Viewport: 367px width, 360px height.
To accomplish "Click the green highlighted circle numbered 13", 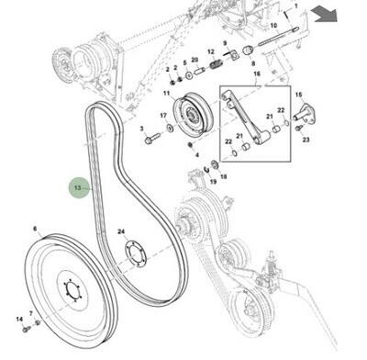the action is click(79, 187).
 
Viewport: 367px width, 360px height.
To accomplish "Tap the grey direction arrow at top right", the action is click(324, 15).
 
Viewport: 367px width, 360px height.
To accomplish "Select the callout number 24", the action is click(121, 231).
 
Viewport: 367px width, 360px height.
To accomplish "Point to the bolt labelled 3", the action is click(153, 139).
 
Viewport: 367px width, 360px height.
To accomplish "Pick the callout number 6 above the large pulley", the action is click(35, 229).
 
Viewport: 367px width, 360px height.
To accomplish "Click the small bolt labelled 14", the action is click(27, 329).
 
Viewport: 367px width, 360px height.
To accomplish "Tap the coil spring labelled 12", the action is click(217, 65).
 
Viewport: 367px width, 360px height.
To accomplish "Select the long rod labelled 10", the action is click(279, 37).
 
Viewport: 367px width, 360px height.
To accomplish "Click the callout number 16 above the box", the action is click(257, 74).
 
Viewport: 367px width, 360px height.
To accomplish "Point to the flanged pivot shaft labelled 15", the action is click(305, 113).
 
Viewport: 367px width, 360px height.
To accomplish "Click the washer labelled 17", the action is click(169, 127).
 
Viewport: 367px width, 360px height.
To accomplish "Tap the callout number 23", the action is click(306, 140).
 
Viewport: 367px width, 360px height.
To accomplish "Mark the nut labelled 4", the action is click(190, 144).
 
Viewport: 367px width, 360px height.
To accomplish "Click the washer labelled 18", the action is click(215, 164).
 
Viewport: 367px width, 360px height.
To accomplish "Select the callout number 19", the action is click(213, 182).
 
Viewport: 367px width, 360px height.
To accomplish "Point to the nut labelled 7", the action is click(38, 322).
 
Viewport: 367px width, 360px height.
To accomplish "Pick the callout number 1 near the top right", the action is click(295, 6).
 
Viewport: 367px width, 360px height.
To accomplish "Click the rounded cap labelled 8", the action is click(248, 50).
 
